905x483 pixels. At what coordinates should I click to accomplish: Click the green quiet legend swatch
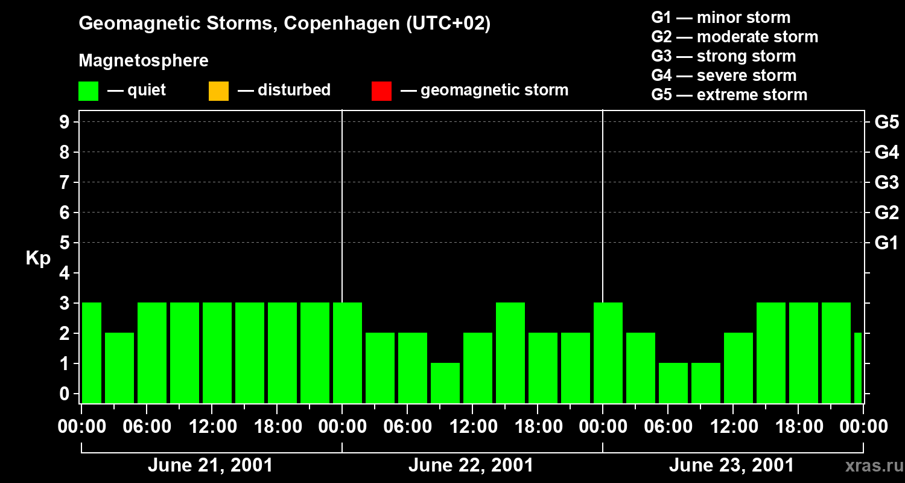88,91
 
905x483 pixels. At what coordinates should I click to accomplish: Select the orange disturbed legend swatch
218,91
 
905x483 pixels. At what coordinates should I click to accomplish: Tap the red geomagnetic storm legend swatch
381,91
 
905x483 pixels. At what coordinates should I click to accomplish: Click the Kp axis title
38,258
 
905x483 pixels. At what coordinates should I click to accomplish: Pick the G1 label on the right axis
886,243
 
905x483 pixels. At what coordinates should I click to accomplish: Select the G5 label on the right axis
886,122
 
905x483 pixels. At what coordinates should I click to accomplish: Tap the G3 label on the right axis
886,182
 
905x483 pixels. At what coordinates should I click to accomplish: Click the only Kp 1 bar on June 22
445,383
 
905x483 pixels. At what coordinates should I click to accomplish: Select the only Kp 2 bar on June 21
119,368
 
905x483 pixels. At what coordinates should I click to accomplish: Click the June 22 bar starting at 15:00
510,353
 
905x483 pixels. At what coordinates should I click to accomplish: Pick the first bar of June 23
608,353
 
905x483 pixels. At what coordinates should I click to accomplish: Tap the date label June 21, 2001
210,465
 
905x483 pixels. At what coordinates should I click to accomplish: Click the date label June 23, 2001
731,465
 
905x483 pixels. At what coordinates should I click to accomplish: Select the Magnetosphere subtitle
144,61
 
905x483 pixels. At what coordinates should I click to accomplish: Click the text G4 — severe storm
724,75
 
